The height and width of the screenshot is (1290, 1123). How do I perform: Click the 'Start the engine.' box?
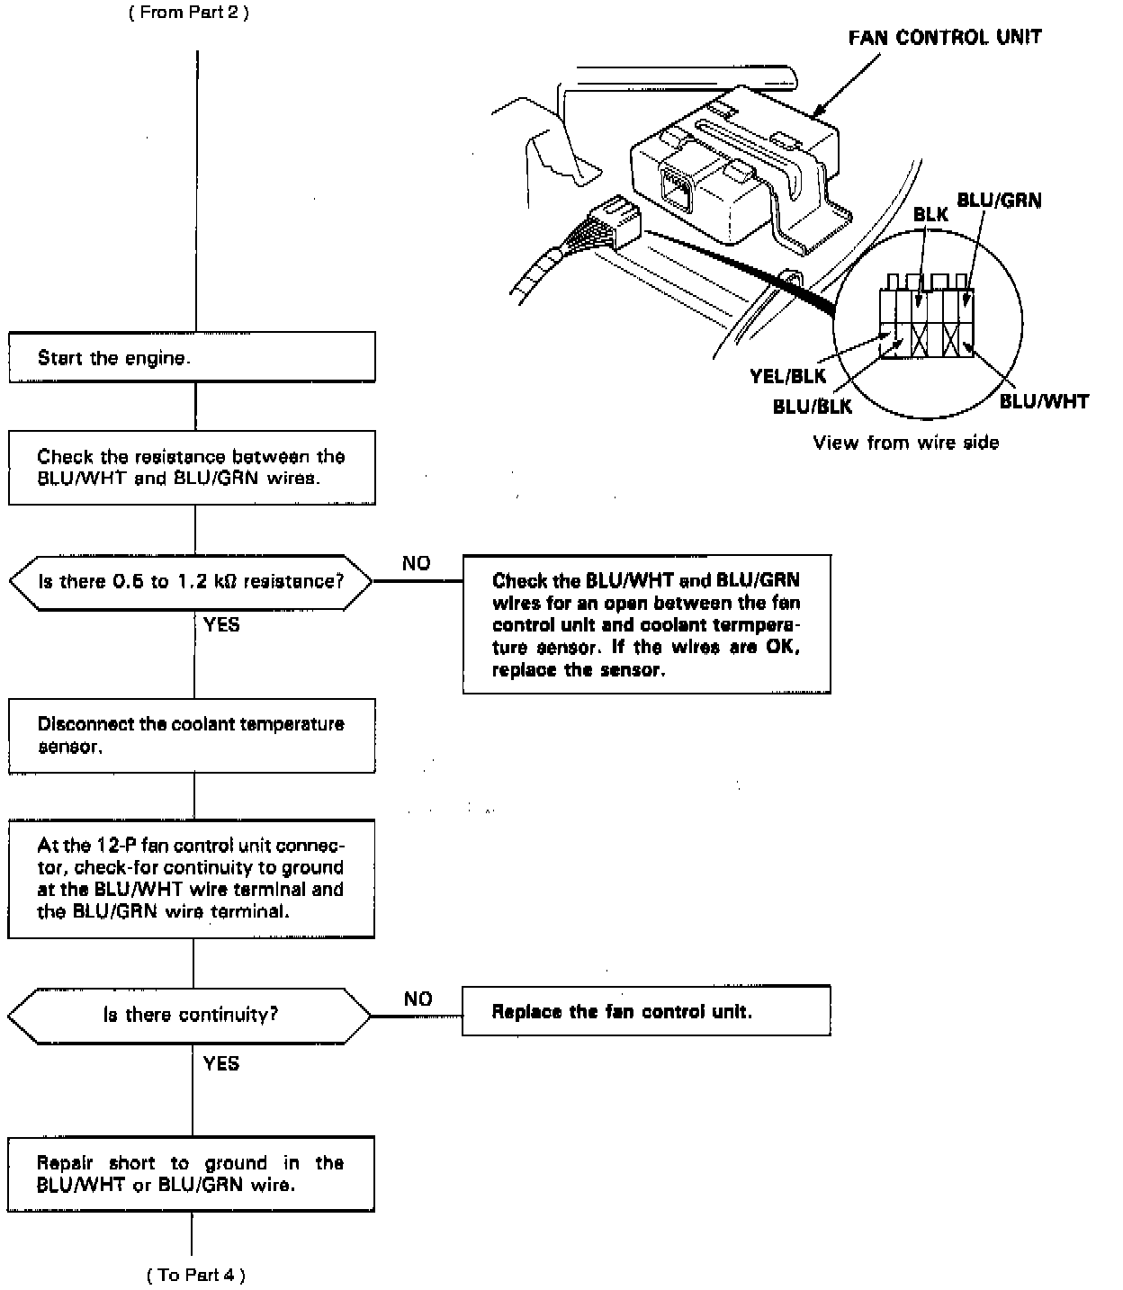point(192,357)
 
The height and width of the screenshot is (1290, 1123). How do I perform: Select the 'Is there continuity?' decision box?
point(190,1015)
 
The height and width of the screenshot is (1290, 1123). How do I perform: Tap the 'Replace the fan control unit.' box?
point(645,1011)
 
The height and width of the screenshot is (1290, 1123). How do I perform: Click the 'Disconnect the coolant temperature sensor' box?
point(192,736)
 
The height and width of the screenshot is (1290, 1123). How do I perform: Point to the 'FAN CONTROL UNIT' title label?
point(945,38)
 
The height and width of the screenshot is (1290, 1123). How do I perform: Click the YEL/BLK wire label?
point(787,377)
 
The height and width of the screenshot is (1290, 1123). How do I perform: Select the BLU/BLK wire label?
point(812,407)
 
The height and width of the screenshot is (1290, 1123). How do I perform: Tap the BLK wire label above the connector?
point(930,215)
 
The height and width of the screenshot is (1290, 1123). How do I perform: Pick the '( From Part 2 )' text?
point(188,13)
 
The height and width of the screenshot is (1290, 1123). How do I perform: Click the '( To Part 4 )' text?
point(195,1274)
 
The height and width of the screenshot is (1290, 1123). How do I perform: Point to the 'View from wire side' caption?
point(905,443)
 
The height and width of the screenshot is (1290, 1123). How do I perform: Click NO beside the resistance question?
point(416,563)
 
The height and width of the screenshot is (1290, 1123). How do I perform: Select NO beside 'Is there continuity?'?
point(418,999)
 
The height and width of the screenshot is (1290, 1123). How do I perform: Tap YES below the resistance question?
point(221,624)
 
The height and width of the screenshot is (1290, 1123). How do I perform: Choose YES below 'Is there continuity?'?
point(221,1063)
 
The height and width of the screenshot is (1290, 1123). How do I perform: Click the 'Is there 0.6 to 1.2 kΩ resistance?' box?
point(190,581)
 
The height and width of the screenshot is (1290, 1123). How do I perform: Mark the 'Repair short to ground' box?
point(191,1174)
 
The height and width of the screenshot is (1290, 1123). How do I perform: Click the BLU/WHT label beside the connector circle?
point(1044,401)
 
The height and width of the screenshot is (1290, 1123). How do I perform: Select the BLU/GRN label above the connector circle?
point(999,200)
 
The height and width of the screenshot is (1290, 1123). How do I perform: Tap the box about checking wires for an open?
point(646,624)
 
